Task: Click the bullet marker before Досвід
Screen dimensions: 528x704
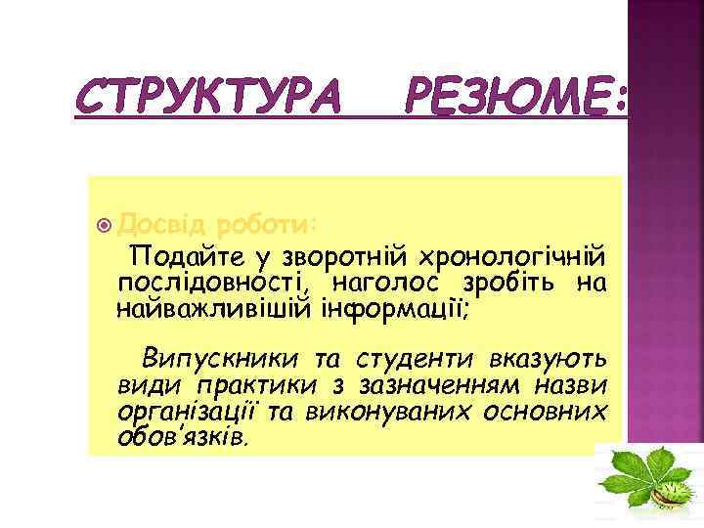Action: (107, 225)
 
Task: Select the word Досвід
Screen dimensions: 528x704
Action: (155, 225)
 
